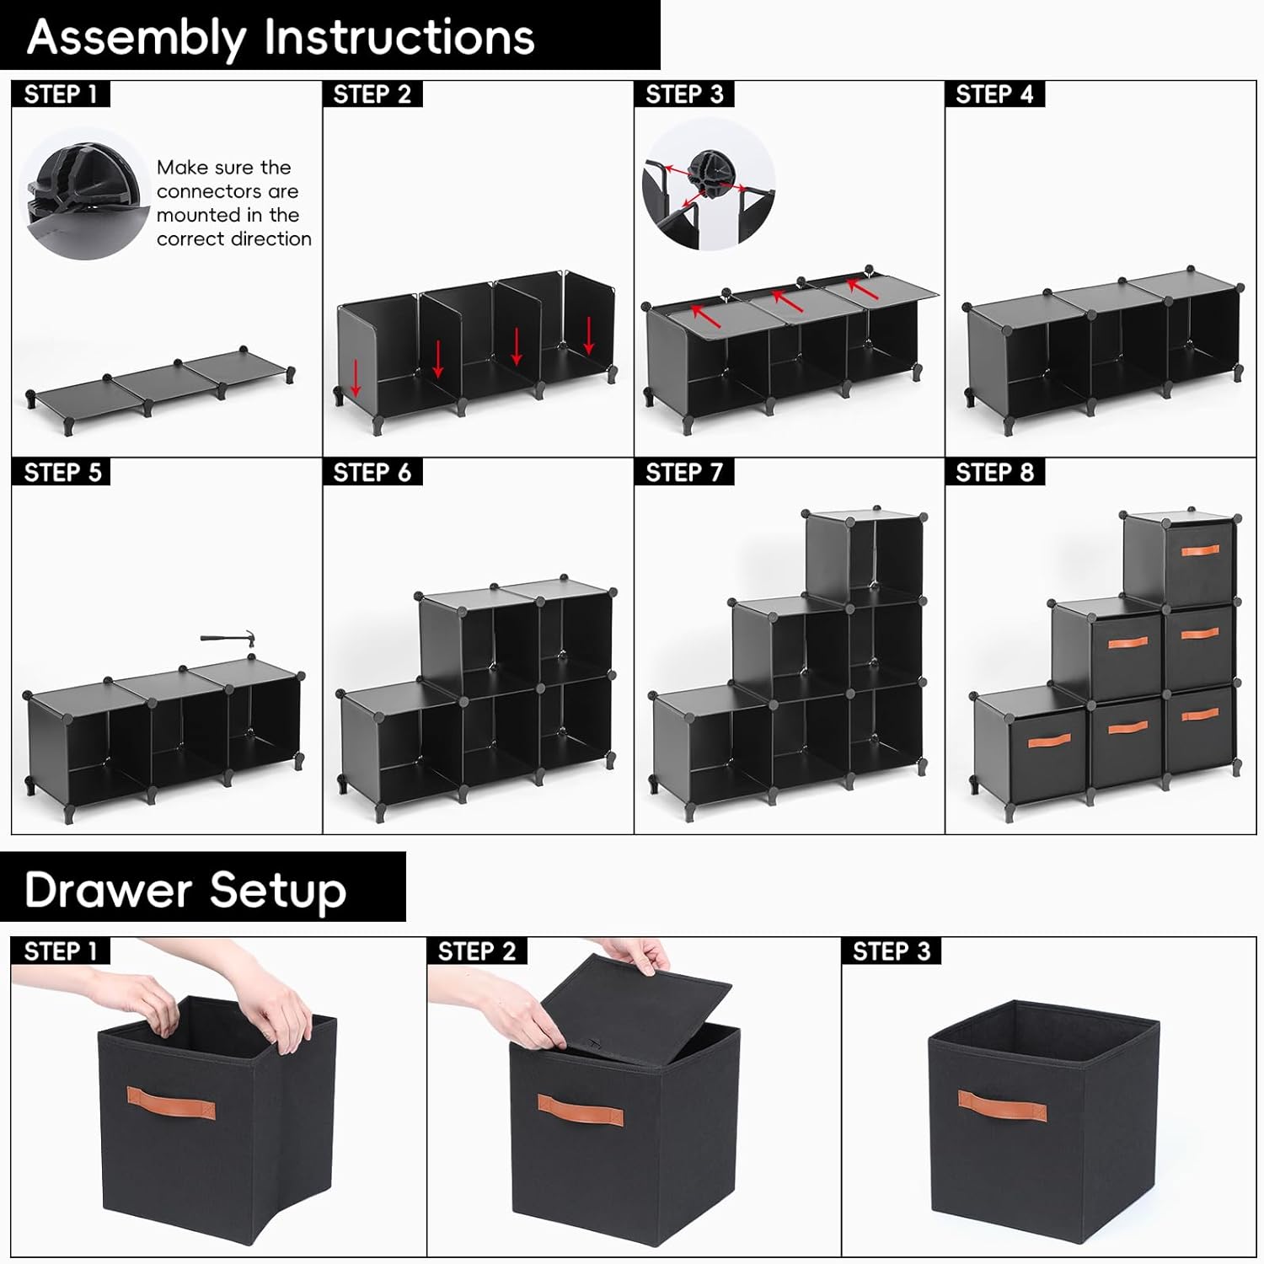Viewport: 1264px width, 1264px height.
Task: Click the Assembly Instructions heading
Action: click(x=281, y=37)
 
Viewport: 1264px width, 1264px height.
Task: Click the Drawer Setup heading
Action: click(x=185, y=890)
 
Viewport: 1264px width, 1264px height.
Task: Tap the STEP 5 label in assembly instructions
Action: click(x=62, y=473)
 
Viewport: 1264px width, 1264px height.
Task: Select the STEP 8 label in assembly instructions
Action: click(x=994, y=473)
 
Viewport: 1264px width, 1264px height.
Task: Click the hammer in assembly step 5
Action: click(x=228, y=639)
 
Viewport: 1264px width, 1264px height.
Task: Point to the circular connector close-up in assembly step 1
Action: click(x=84, y=194)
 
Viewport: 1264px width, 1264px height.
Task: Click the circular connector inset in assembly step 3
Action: click(x=708, y=184)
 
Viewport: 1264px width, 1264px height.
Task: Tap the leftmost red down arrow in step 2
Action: click(x=356, y=378)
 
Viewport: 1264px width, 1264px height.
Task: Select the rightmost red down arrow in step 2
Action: click(x=589, y=335)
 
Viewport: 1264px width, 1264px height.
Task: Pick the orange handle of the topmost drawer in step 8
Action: click(x=1200, y=550)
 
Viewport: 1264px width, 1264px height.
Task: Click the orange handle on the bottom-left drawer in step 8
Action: click(x=1048, y=741)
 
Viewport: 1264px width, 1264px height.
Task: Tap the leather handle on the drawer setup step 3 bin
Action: click(x=1002, y=1106)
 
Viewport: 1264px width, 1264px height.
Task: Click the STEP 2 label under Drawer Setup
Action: click(x=476, y=951)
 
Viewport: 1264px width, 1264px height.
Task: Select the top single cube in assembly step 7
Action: click(x=864, y=556)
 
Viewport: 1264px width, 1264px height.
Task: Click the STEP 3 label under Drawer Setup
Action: click(x=891, y=951)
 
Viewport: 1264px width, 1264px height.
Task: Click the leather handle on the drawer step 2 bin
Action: click(x=581, y=1110)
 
